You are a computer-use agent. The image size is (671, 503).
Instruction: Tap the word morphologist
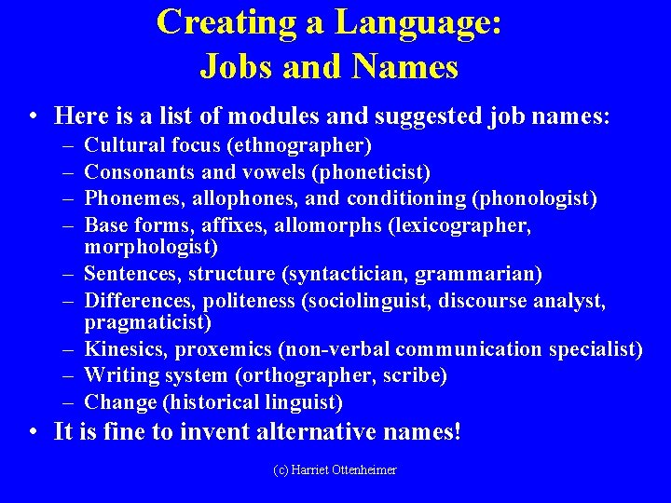(151, 247)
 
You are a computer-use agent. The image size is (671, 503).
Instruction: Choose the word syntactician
(349, 274)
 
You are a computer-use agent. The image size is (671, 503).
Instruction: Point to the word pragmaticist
(148, 322)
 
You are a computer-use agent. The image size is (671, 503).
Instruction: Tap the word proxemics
(231, 349)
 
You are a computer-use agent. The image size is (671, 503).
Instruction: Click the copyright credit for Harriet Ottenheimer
(335, 470)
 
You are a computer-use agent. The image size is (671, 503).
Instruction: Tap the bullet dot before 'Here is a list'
(33, 116)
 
